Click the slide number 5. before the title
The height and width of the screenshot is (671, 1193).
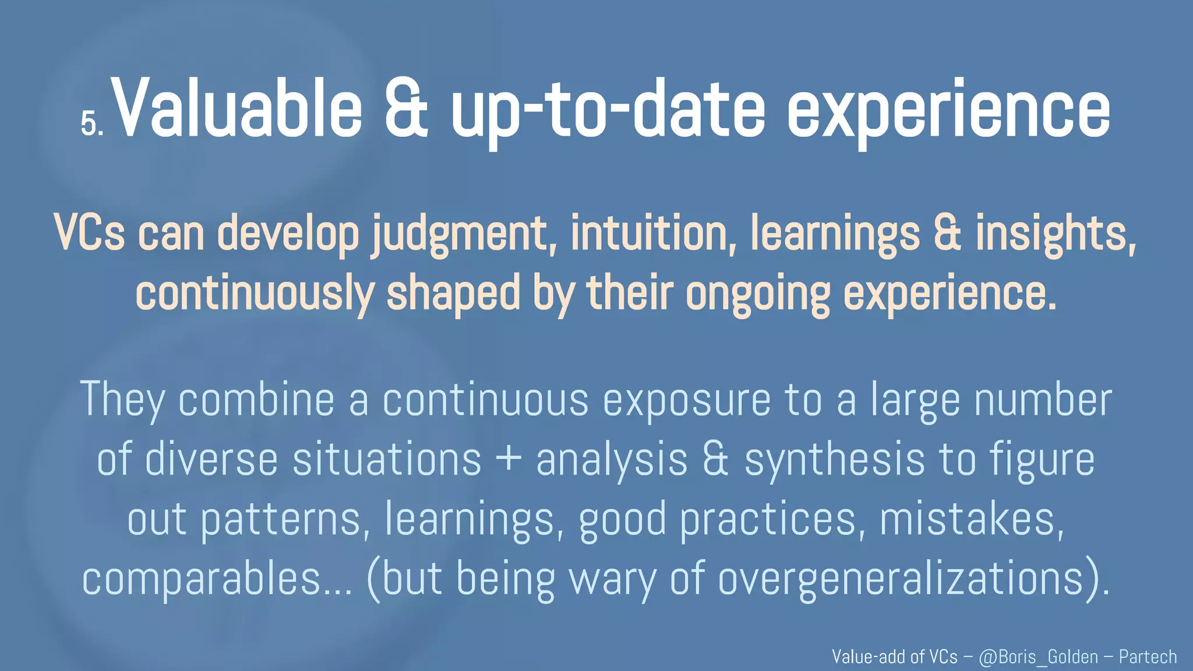[x=91, y=123]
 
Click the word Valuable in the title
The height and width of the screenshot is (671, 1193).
[x=236, y=109]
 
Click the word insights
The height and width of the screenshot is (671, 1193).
[x=1056, y=233]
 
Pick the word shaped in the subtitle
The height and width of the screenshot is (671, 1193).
[x=453, y=294]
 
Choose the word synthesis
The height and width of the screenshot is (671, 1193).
[x=834, y=460]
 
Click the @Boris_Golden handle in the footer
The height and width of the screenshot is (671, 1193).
[x=1038, y=657]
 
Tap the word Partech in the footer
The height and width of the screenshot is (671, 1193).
[x=1148, y=657]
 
